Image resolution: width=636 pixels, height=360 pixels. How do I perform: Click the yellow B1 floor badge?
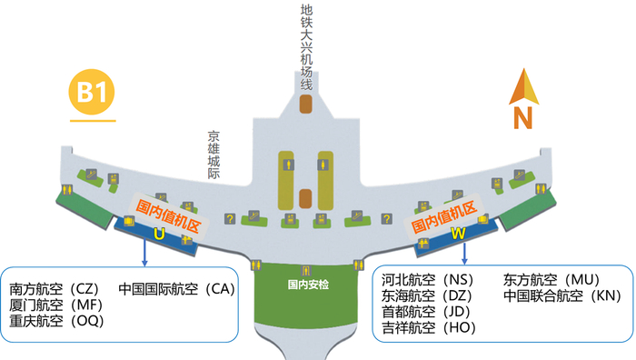coord(94,93)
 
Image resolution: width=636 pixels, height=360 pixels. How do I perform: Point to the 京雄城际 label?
coord(214,155)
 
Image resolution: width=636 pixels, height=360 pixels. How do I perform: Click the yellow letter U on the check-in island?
coord(159,235)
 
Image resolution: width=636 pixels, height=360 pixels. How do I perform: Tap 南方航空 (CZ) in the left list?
coord(55,289)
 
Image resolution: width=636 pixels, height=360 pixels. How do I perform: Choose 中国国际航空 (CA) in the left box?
coord(176,289)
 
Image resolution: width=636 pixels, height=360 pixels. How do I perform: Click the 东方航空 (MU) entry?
coord(553,280)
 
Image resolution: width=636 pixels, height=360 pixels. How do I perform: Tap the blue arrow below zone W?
coord(464,253)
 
